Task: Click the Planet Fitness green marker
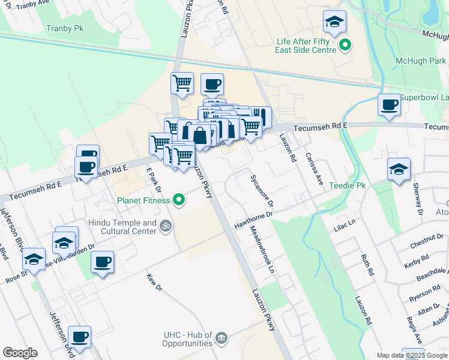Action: [178, 200]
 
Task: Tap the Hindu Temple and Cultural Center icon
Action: [166, 226]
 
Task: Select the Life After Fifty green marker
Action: [345, 45]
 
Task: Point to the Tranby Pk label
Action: [64, 28]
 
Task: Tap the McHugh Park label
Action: [421, 61]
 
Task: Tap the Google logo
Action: [20, 353]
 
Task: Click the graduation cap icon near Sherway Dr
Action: [398, 169]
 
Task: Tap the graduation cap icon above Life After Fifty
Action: [334, 22]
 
